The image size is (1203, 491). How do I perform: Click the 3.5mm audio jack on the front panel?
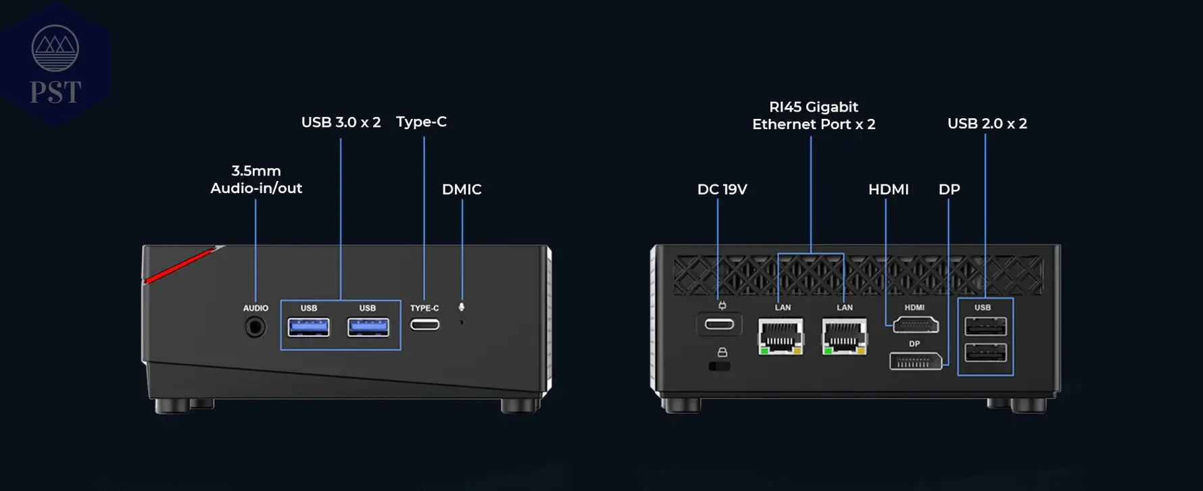[x=255, y=328]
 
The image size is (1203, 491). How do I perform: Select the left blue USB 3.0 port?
[x=309, y=328]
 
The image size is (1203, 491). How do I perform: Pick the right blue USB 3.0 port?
[x=368, y=328]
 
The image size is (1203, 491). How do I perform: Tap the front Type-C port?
[x=424, y=325]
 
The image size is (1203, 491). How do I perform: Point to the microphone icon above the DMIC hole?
[x=462, y=307]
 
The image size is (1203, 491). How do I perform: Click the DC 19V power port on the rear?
[x=719, y=325]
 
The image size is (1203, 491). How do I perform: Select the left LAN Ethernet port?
[x=781, y=336]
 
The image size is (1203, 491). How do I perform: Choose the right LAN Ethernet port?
[x=844, y=336]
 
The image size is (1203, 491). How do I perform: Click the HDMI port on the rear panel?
[x=915, y=326]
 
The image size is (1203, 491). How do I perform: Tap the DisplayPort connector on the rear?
[x=915, y=362]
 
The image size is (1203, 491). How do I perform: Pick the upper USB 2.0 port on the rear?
[x=985, y=327]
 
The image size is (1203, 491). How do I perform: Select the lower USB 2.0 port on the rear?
[x=985, y=353]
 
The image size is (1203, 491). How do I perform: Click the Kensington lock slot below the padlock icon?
[x=720, y=366]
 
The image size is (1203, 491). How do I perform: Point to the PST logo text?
[x=55, y=93]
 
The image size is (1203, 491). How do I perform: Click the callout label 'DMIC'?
[x=462, y=189]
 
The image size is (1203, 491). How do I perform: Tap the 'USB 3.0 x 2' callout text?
[x=341, y=122]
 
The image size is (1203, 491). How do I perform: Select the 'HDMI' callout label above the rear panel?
[x=888, y=189]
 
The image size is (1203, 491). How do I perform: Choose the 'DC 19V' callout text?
[x=722, y=189]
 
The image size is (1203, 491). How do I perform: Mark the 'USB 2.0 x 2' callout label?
[x=987, y=124]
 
